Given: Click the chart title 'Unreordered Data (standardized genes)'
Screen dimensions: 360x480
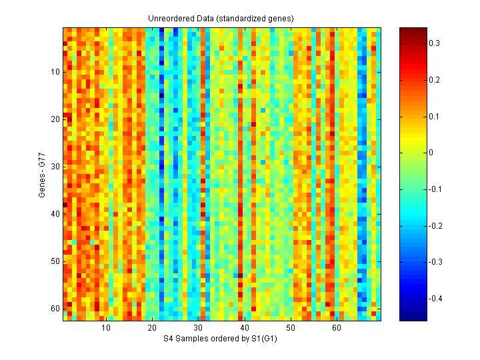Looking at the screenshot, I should pos(221,17).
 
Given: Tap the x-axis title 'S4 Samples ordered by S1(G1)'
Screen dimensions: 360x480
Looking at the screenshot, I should pos(221,339).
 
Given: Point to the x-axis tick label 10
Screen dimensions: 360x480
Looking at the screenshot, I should pos(106,329).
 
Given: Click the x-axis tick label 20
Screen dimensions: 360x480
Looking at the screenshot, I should pos(152,329).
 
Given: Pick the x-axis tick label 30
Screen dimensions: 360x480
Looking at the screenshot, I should pos(198,329).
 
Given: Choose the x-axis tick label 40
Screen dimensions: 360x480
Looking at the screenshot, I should pos(244,329).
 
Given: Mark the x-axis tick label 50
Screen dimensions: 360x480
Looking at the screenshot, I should pos(291,329).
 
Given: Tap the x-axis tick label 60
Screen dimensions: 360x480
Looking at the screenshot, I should pos(337,329).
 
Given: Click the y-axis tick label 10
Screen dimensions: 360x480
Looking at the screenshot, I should pos(55,72).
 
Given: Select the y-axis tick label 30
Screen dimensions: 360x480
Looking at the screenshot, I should pos(55,167).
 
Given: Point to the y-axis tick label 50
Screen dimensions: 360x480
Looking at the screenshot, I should pos(55,261).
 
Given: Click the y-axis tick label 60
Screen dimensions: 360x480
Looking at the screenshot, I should pos(55,309).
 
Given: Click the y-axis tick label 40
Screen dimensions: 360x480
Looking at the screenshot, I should pos(55,214).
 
